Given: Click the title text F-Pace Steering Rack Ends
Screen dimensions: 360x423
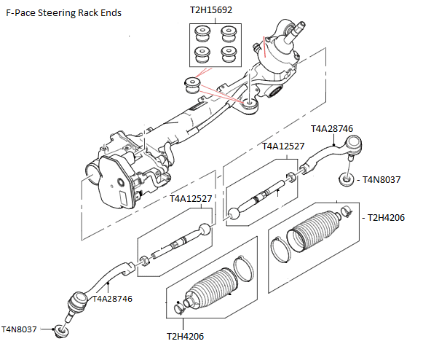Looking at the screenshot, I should (x=64, y=13).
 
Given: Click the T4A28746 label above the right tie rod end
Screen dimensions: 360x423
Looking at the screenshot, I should (x=332, y=129).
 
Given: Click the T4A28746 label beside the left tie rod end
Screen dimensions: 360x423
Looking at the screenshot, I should (x=112, y=298).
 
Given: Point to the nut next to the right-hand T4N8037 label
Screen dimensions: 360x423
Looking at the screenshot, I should (x=344, y=179).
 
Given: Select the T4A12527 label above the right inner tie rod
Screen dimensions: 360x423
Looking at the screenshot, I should (x=283, y=146).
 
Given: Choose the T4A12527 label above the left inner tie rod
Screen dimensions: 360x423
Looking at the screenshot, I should (x=191, y=199).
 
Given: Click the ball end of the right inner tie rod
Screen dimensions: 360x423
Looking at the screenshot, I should (x=234, y=214).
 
